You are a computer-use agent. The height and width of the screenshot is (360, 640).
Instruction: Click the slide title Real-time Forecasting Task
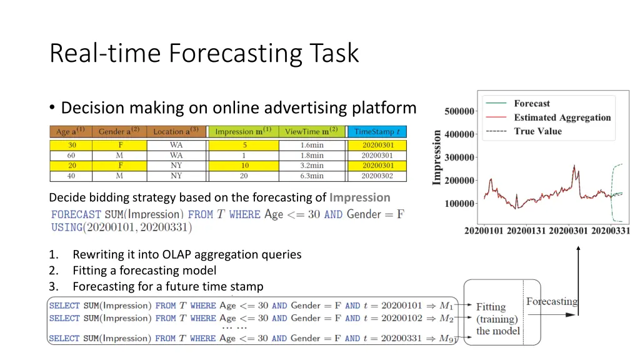pos(204,52)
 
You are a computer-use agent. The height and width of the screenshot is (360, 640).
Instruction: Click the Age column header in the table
pos(70,132)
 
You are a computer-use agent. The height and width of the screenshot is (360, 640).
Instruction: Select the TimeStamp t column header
pos(377,132)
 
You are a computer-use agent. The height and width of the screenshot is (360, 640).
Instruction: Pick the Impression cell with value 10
pos(245,166)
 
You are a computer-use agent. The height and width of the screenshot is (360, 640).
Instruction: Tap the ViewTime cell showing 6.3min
pos(312,176)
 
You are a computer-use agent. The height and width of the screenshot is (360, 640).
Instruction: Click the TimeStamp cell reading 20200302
pos(377,176)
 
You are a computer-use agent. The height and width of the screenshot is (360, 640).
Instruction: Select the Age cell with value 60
pos(72,155)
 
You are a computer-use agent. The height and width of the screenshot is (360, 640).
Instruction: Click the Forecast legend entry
pos(531,104)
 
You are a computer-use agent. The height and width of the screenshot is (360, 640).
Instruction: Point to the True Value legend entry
pos(537,131)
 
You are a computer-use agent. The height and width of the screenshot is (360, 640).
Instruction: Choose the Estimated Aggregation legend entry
pos(562,117)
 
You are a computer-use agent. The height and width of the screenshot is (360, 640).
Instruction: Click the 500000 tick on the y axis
pos(459,112)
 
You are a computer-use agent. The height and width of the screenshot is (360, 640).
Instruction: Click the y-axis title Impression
pos(437,157)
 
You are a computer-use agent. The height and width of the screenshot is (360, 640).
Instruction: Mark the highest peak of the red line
pos(574,166)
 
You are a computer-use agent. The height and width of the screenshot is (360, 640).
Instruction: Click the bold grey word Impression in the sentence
pos(359,197)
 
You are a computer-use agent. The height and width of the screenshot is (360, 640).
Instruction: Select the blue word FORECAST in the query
pos(76,214)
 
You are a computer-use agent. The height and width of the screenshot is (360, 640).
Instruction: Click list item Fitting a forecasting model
pos(144,271)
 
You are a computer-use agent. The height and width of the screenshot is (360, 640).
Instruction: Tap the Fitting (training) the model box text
pos(497,318)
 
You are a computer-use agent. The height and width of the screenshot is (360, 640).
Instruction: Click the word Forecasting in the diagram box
pos(551,301)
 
